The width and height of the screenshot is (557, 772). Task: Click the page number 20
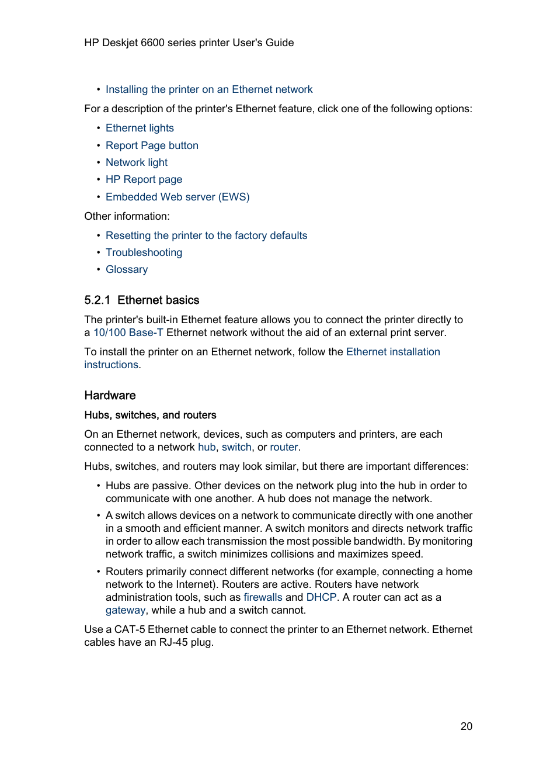[x=466, y=726]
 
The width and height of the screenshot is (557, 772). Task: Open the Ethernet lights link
[x=140, y=128]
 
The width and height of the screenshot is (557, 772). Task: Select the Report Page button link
[x=152, y=146]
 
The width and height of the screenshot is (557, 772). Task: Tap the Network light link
[x=137, y=162]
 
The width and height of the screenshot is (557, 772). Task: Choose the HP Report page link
[x=144, y=179]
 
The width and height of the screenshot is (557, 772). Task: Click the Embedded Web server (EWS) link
[x=177, y=197]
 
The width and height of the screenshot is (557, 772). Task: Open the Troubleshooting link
[x=144, y=252]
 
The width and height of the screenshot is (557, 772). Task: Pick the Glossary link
[x=127, y=269]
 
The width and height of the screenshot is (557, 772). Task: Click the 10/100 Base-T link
[x=128, y=333]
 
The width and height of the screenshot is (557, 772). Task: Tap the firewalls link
[x=263, y=597]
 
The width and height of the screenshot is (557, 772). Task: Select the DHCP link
[x=321, y=597]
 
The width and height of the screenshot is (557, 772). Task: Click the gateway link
[x=126, y=610]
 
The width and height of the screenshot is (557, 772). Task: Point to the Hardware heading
[x=110, y=396]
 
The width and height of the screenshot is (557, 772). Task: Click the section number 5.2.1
[x=97, y=300]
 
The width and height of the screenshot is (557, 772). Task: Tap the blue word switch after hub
[x=236, y=447]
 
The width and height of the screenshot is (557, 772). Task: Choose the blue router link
[x=284, y=447]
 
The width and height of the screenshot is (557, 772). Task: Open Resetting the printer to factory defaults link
[x=206, y=236]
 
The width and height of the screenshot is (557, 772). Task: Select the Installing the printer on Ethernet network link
[x=209, y=89]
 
